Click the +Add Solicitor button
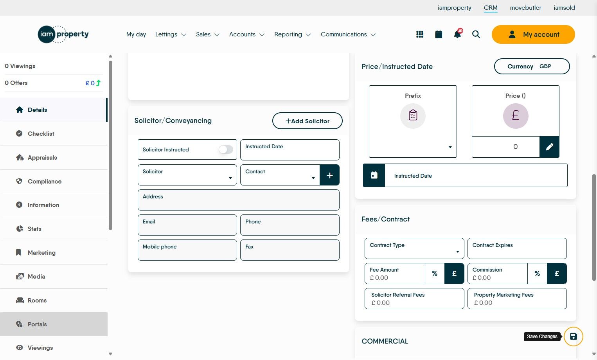[307, 121]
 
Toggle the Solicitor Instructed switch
[226, 149]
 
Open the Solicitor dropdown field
[187, 175]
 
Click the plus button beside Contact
[329, 175]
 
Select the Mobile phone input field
[187, 250]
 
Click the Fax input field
[290, 250]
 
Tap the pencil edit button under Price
[549, 147]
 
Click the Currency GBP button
[532, 67]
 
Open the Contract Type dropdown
[414, 248]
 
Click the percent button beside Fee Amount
[435, 274]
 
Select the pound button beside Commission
[557, 274]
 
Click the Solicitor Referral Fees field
[414, 299]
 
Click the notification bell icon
[457, 34]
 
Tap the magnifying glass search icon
[476, 34]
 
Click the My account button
[533, 34]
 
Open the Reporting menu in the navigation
[292, 34]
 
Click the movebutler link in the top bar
[525, 8]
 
